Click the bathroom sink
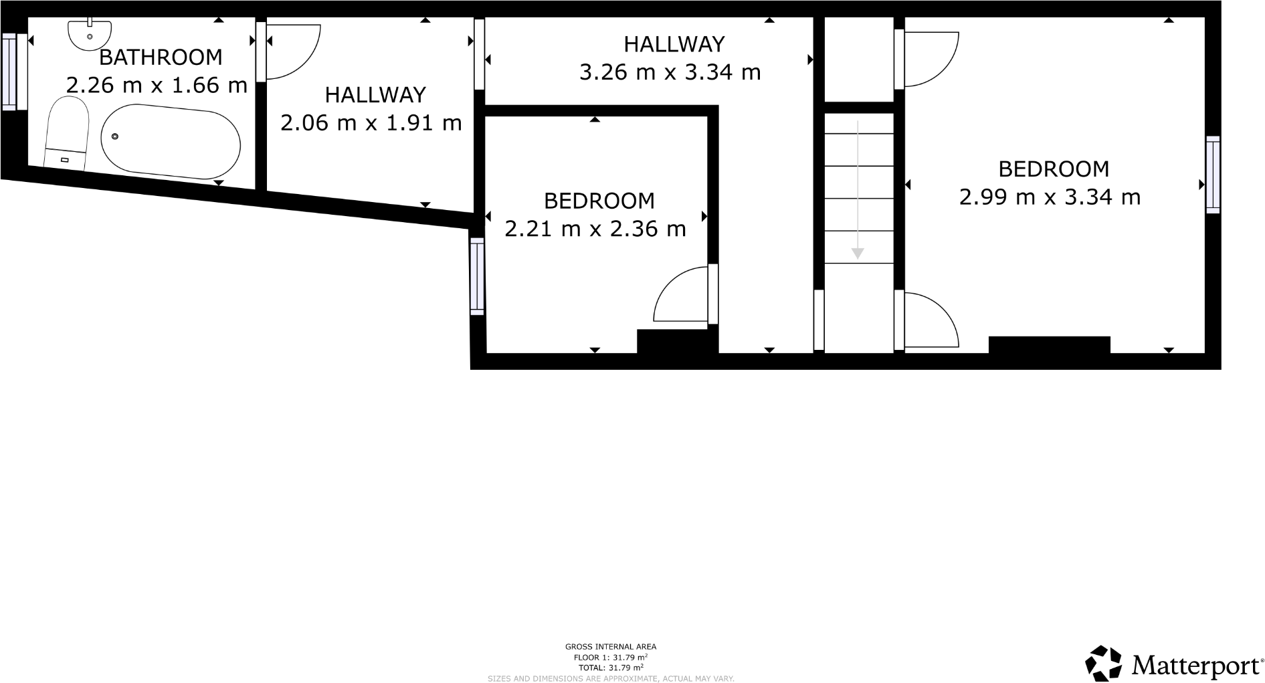[x=90, y=33]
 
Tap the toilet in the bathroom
[x=67, y=134]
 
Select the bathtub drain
[x=115, y=136]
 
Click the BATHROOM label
[x=161, y=58]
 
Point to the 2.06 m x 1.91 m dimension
[x=371, y=123]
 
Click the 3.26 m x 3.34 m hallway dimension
[x=670, y=72]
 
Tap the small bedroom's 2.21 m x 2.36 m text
[x=595, y=229]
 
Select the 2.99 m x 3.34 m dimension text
[x=1050, y=197]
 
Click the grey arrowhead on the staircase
[x=858, y=254]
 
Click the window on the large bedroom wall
[x=1213, y=175]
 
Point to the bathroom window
[x=9, y=72]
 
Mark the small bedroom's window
[x=476, y=276]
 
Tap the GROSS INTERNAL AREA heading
[x=610, y=647]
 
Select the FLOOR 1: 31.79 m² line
[x=610, y=658]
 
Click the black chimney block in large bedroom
[x=1049, y=345]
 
